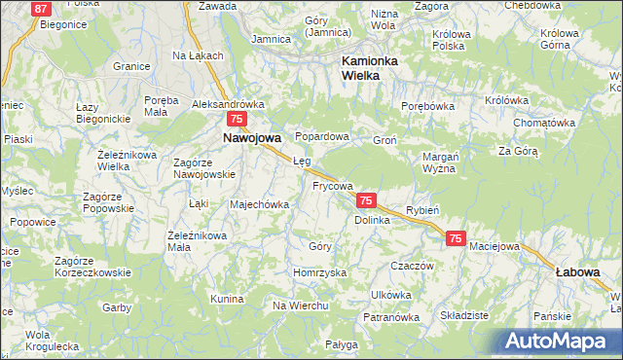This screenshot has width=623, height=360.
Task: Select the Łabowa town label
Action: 577,272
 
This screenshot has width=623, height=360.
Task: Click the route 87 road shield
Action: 41,9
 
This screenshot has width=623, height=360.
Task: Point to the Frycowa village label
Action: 332,184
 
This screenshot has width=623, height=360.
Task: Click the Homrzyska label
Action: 320,273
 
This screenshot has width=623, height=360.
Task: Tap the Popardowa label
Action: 322,137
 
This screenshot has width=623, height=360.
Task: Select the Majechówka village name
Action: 259,205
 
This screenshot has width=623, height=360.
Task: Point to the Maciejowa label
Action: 494,246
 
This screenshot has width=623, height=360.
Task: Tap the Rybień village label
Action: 423,210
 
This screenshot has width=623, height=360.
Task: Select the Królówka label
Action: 506,100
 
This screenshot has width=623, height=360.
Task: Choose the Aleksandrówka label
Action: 229,104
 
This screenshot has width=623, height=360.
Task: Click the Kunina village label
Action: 226,298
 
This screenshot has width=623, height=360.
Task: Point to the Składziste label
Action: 464,316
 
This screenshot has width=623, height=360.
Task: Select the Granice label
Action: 130,66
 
